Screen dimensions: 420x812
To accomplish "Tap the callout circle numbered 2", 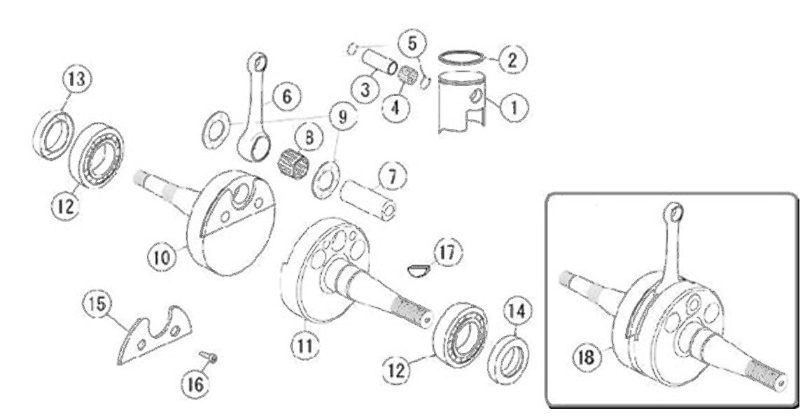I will point(511,59).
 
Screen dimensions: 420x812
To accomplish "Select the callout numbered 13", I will point(76,80).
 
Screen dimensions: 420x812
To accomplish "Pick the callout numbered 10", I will point(161,257).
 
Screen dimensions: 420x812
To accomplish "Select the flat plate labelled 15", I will point(155,335).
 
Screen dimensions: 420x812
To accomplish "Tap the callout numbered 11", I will point(306,345).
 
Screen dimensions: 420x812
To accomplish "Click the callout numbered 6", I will point(287,94).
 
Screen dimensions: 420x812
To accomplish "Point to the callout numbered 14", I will point(519,309).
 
